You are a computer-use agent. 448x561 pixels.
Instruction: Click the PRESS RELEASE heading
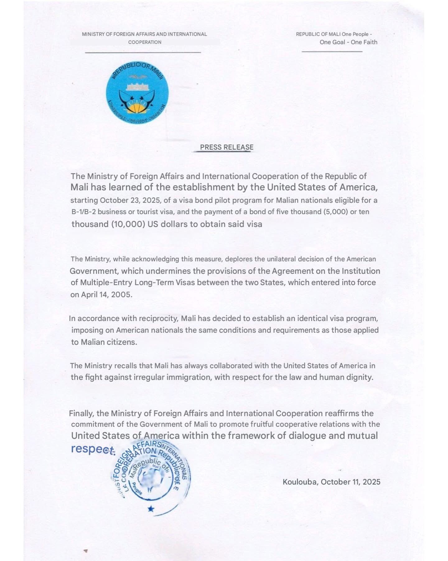tap(226, 147)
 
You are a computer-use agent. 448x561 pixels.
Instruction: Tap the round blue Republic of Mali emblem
tap(137, 95)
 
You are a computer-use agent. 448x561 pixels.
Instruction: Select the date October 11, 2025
tap(351, 482)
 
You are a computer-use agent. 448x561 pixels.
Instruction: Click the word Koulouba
tap(300, 482)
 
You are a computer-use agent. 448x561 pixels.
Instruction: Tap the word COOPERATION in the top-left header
tap(145, 42)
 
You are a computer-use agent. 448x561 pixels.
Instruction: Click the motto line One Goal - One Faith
tap(348, 42)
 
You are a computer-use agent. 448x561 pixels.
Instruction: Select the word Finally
tap(81, 414)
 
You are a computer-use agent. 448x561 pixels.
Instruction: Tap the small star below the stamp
tap(151, 509)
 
